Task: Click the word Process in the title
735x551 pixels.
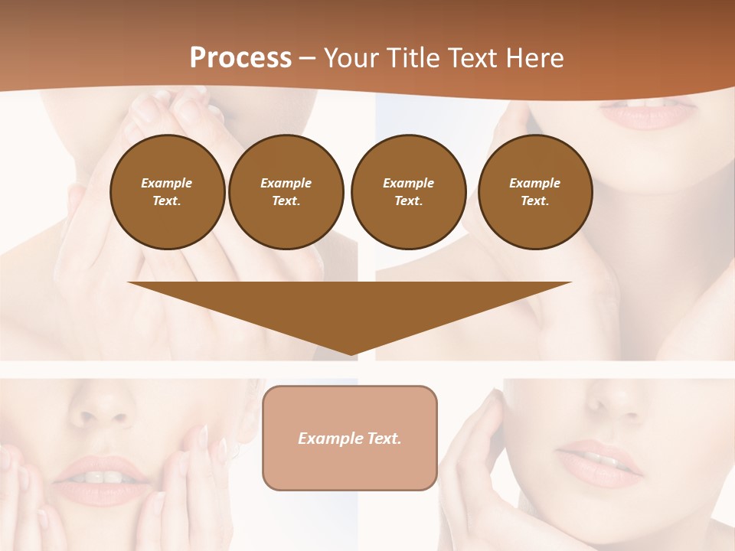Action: click(x=240, y=58)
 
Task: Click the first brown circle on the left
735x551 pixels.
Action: click(x=167, y=192)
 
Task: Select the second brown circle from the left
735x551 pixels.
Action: click(x=286, y=192)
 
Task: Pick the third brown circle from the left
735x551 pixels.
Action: click(x=408, y=192)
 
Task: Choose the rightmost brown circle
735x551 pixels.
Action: click(x=535, y=192)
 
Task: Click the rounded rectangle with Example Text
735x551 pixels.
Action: click(x=350, y=438)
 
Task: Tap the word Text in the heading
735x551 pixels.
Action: click(x=472, y=58)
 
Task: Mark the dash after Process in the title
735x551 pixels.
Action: click(x=307, y=58)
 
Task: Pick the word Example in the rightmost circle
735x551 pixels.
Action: click(x=534, y=183)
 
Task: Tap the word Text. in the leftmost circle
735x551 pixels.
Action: click(x=167, y=201)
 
